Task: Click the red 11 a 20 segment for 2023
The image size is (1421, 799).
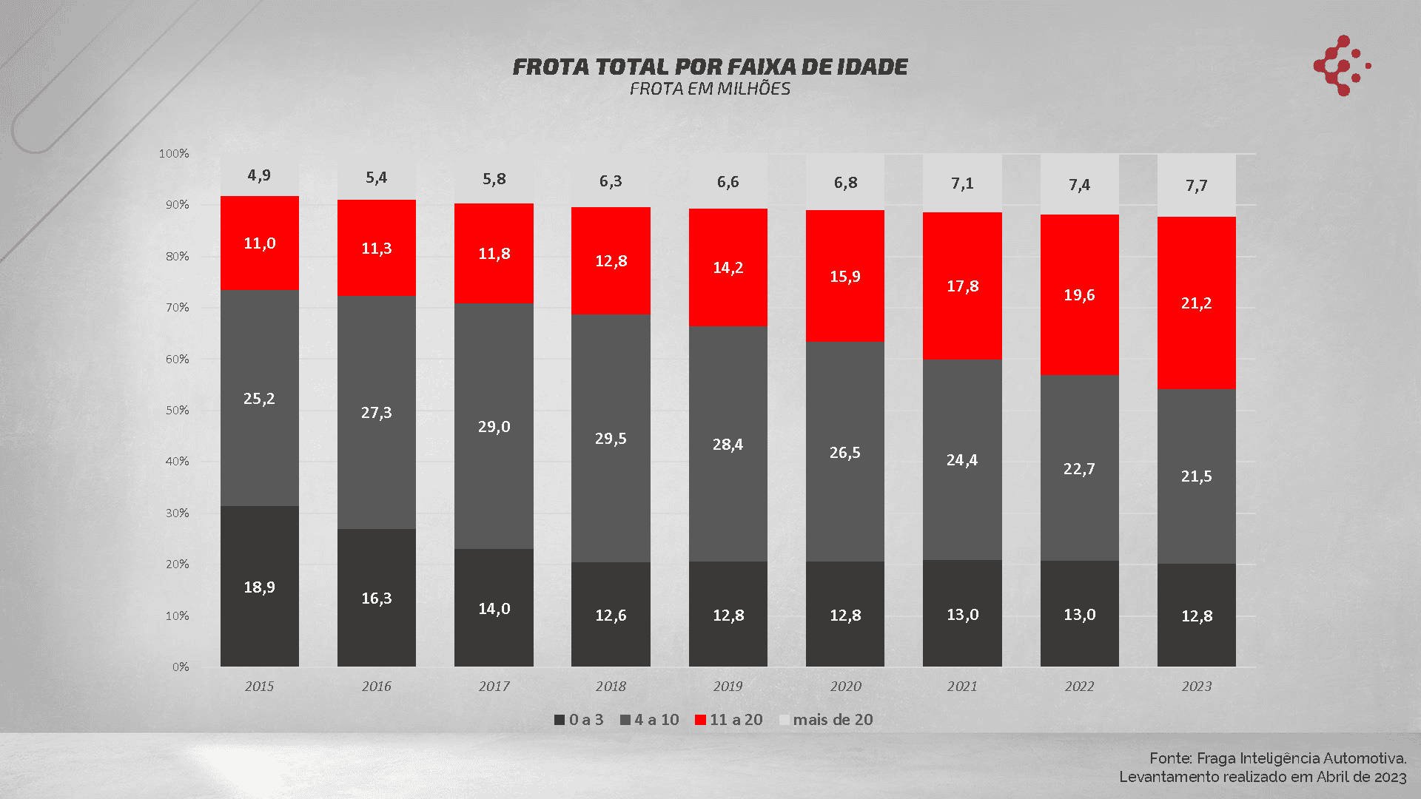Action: (x=1196, y=303)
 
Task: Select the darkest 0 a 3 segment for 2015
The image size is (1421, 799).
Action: (x=259, y=586)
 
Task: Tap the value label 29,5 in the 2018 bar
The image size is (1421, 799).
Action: (x=611, y=438)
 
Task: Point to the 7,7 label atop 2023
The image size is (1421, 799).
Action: (x=1196, y=186)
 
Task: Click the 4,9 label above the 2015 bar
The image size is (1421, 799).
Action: (x=259, y=175)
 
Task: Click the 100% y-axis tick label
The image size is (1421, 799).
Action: (x=174, y=153)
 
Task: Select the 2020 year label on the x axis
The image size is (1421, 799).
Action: (x=845, y=686)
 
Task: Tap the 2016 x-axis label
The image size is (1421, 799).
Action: (x=376, y=686)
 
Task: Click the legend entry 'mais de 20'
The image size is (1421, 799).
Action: (x=832, y=719)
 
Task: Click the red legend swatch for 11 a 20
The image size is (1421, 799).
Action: (x=700, y=720)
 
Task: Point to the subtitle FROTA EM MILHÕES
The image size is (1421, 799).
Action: (x=710, y=89)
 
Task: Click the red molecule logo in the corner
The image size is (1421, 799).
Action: (x=1340, y=65)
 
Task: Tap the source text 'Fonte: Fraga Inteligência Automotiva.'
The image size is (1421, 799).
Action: (x=1277, y=758)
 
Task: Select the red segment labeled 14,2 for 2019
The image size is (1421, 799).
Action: (x=728, y=267)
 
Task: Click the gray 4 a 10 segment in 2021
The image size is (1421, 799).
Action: (x=962, y=459)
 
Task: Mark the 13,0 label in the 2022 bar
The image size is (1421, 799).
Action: (x=1079, y=614)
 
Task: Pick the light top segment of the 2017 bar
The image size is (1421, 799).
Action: (x=494, y=179)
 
